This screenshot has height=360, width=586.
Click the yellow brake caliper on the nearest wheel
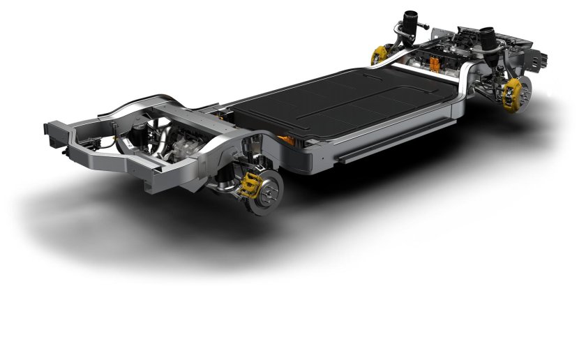[250, 184]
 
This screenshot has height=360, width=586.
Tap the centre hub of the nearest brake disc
[268, 187]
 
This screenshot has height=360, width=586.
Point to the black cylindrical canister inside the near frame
[148, 132]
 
